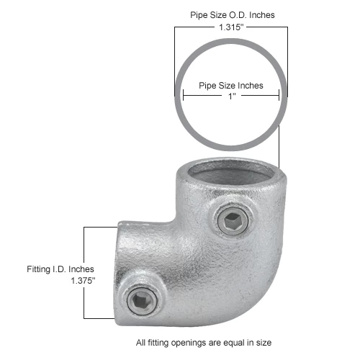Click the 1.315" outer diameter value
[231, 27]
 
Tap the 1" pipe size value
[232, 96]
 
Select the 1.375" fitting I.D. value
[83, 280]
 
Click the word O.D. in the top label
[238, 15]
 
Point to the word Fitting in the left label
[38, 269]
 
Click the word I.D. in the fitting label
[59, 269]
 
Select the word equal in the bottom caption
[233, 343]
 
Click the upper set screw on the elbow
[233, 221]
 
